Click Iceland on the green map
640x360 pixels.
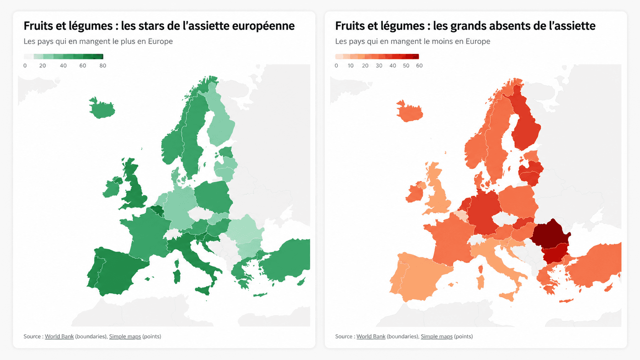point(102,109)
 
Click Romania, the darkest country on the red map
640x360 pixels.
point(550,233)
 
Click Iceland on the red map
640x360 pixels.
point(410,111)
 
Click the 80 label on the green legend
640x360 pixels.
point(103,66)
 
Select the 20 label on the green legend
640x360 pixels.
point(42,66)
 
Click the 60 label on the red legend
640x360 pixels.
point(419,66)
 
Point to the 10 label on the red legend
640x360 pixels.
point(351,66)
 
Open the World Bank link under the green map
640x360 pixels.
point(59,336)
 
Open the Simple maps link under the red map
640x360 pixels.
point(437,336)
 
